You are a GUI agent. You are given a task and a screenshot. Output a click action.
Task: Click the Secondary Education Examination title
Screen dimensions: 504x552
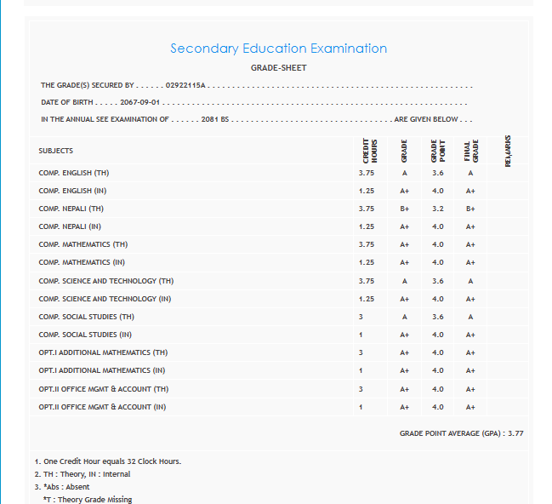278,49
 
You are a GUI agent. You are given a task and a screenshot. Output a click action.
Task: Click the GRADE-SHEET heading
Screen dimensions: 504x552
278,68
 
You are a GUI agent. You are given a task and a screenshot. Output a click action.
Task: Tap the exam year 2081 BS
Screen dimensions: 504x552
215,119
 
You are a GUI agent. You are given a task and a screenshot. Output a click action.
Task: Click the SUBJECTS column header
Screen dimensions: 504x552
55,151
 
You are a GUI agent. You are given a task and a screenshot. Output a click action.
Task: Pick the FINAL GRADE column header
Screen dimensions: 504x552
471,150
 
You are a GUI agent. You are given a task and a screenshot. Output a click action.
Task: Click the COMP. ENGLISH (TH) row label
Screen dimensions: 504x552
74,173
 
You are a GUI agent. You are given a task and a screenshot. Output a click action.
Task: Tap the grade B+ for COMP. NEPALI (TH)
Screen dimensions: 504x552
405,209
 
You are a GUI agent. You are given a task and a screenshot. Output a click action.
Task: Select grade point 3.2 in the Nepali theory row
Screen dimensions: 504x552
437,209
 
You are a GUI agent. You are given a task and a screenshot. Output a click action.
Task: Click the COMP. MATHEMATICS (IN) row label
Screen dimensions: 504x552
82,262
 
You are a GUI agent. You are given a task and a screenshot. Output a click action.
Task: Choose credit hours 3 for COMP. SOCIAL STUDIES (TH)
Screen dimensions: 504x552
361,317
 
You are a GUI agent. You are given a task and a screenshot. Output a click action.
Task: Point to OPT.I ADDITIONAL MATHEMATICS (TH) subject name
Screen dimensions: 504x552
103,352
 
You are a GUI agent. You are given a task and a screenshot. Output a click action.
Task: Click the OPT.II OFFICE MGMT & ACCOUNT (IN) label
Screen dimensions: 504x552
102,407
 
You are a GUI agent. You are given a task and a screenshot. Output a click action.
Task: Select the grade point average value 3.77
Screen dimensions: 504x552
515,433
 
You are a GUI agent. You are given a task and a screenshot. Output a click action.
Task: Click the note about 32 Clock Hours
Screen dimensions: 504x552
108,461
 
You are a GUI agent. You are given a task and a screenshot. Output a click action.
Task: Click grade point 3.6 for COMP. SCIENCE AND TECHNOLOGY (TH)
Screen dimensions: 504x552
437,281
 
